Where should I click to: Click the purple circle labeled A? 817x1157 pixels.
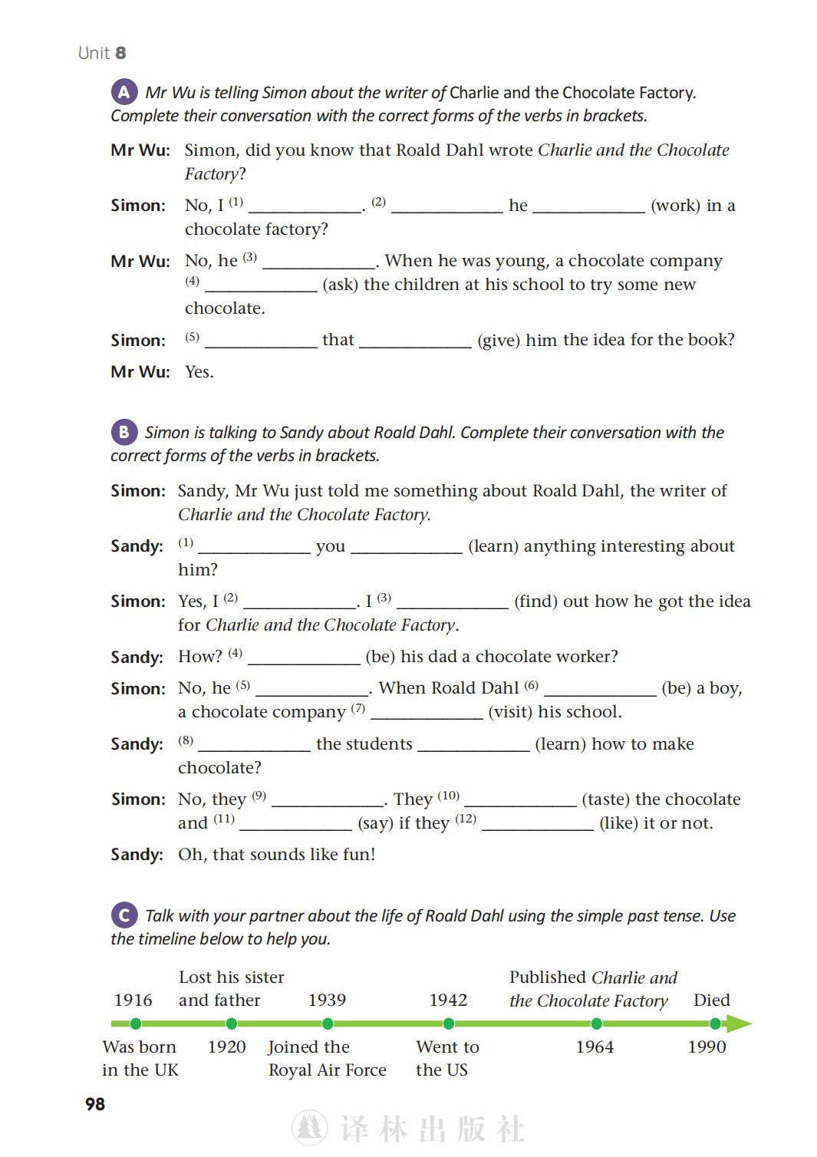pyautogui.click(x=124, y=92)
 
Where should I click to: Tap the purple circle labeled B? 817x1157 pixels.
pyautogui.click(x=124, y=432)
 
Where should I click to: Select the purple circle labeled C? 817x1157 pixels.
pyautogui.click(x=124, y=915)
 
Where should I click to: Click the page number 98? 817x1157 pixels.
pyautogui.click(x=95, y=1104)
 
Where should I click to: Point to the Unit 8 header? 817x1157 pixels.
pyautogui.click(x=102, y=53)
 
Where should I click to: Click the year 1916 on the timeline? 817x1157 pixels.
pyautogui.click(x=133, y=1000)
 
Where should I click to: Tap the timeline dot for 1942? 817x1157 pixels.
pyautogui.click(x=449, y=1023)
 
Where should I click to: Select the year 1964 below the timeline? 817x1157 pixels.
pyautogui.click(x=595, y=1047)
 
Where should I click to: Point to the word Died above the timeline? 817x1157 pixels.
pyautogui.click(x=711, y=1000)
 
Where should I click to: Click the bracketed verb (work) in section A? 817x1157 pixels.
pyautogui.click(x=675, y=206)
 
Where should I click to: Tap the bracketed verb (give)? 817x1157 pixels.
pyautogui.click(x=499, y=340)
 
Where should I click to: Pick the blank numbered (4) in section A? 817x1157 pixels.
pyautogui.click(x=261, y=285)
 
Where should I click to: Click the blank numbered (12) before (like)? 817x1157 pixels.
pyautogui.click(x=537, y=824)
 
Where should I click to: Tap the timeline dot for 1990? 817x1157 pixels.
pyautogui.click(x=715, y=1023)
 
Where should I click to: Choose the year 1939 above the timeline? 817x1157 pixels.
pyautogui.click(x=327, y=1000)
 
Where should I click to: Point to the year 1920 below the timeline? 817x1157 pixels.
pyautogui.click(x=226, y=1047)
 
